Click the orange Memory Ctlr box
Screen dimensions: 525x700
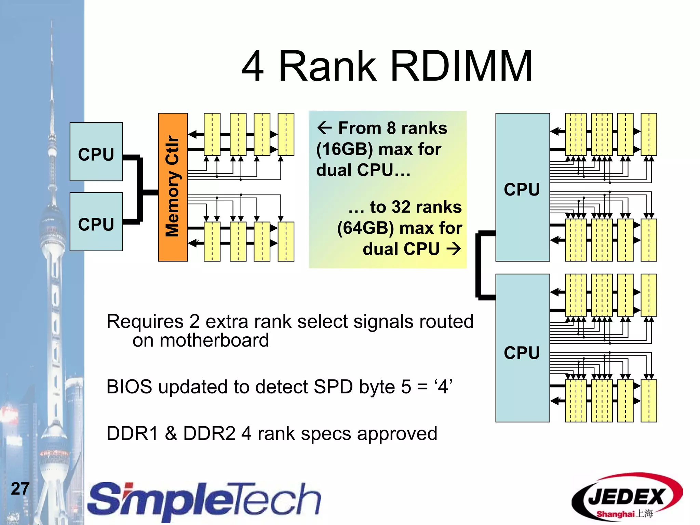click(x=173, y=187)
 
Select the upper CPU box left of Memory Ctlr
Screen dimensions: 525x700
click(x=96, y=152)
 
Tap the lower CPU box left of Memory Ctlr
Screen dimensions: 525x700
click(x=96, y=222)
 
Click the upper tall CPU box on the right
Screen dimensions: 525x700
click(x=522, y=187)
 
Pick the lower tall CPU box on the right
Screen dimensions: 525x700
click(x=522, y=348)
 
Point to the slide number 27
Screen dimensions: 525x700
click(x=20, y=488)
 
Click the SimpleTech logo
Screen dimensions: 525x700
click(x=204, y=501)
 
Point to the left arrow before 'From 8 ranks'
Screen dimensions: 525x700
click(x=324, y=128)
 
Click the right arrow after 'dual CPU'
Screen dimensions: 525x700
click(x=454, y=249)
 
